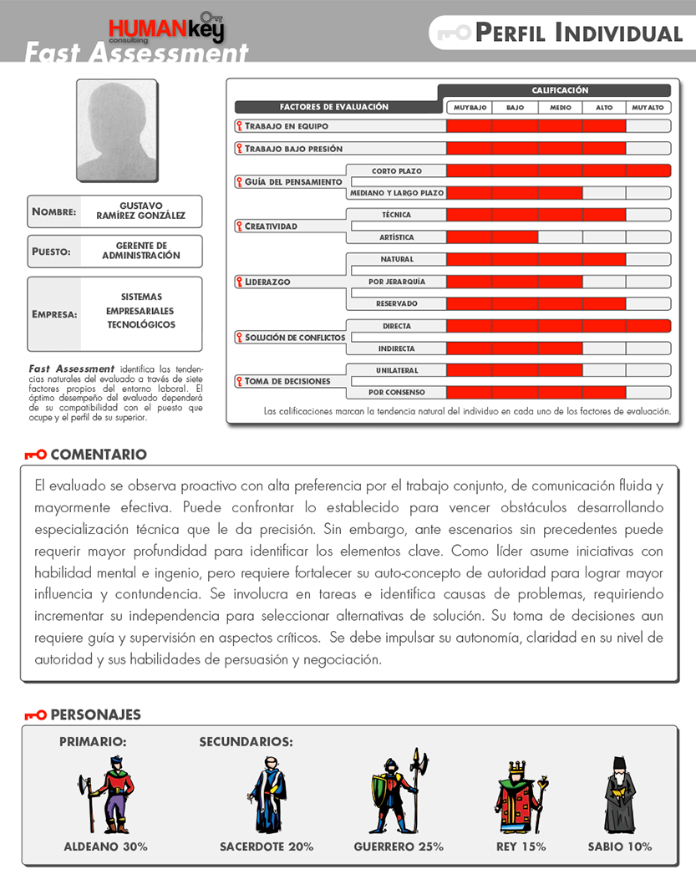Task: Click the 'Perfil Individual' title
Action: tap(578, 33)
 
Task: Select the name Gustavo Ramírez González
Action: tap(140, 211)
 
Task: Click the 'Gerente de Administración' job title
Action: tap(140, 251)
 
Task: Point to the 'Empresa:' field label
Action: tap(54, 315)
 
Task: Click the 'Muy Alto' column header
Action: tap(648, 108)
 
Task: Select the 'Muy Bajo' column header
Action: tap(470, 108)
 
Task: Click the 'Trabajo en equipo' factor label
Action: tap(286, 126)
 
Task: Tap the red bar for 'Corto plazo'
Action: tap(558, 170)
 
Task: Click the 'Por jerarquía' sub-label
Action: tap(396, 282)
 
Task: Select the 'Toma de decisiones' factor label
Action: tap(287, 381)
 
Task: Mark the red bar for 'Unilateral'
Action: tap(514, 370)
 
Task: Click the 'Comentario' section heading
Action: tap(98, 455)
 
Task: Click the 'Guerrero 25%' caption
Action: tap(399, 847)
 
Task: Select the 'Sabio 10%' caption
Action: tap(619, 847)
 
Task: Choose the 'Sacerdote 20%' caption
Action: tap(267, 847)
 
